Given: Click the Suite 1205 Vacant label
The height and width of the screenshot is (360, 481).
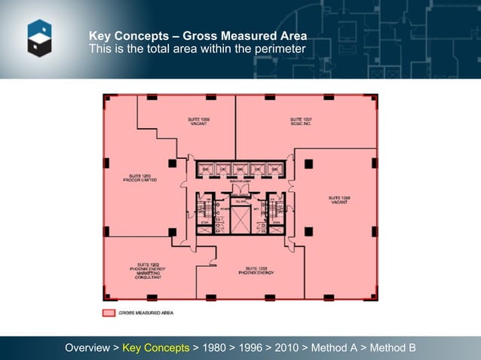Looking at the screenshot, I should coord(199,121).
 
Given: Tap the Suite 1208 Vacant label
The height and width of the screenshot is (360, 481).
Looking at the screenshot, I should coord(339,200).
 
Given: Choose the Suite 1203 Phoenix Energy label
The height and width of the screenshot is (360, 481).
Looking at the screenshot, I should coord(251,270).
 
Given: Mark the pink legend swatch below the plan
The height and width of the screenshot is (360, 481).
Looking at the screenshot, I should coord(109,312).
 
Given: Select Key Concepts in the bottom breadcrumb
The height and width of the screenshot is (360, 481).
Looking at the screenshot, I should coord(156,348).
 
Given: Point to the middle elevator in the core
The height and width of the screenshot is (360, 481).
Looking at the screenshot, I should coord(240,169).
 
